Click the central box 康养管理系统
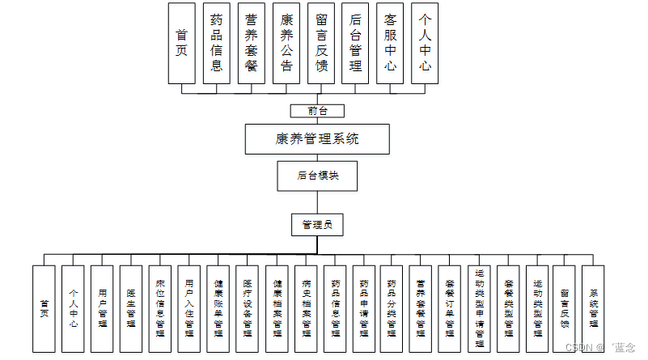pyautogui.click(x=318, y=138)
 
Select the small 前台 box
pyautogui.click(x=318, y=110)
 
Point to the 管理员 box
pyautogui.click(x=316, y=224)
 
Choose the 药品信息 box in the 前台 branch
pyautogui.click(x=216, y=43)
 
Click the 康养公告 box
pyautogui.click(x=286, y=43)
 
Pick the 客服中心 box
pyautogui.click(x=391, y=43)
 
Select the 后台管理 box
pyautogui.click(x=355, y=43)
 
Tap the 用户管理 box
pyautogui.click(x=103, y=308)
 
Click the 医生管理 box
pyautogui.click(x=131, y=308)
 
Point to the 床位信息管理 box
pyautogui.click(x=160, y=308)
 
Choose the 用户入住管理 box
pyautogui.click(x=189, y=308)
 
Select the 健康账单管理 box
pyautogui.click(x=218, y=308)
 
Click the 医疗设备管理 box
pyautogui.click(x=248, y=308)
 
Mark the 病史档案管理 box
pyautogui.click(x=306, y=308)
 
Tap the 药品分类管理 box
pyautogui.click(x=392, y=308)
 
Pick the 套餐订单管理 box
pyautogui.click(x=450, y=308)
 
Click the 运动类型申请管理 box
pyautogui.click(x=480, y=308)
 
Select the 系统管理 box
pyautogui.click(x=595, y=308)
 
